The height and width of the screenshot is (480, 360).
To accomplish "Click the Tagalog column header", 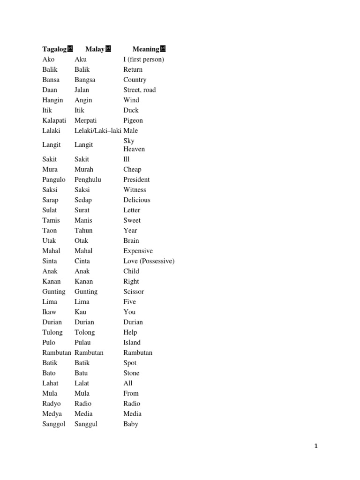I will click(54, 49).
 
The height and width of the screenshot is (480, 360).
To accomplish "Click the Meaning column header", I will click(146, 49).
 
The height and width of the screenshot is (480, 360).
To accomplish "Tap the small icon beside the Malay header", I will click(108, 48).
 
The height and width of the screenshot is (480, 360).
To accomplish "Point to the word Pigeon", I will click(133, 120).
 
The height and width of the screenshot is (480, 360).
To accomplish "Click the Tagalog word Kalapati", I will click(54, 120).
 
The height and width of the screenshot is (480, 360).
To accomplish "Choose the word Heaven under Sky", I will click(134, 149).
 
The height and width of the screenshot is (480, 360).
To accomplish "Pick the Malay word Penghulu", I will click(88, 180).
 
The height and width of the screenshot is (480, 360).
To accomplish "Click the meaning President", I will click(136, 180).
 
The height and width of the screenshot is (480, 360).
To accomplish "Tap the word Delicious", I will click(137, 200).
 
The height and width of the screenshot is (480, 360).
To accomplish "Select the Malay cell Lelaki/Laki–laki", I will click(98, 131).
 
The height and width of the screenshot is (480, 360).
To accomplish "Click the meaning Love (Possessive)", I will click(149, 261).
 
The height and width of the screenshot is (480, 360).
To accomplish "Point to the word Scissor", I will click(134, 292).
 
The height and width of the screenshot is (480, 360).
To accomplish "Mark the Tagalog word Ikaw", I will click(49, 312).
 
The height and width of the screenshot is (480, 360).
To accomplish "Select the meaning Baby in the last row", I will click(131, 424).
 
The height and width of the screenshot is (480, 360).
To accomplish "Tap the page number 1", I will click(316, 446).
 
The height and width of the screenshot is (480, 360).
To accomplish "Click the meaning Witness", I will click(135, 190).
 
